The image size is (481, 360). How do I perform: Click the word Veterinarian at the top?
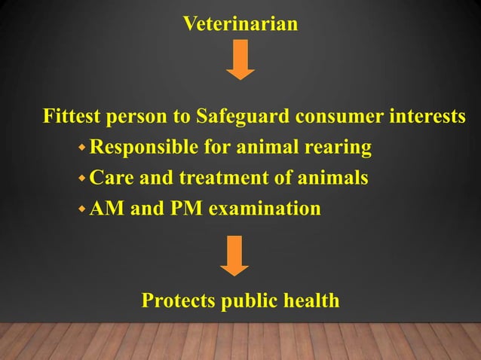(x=240, y=25)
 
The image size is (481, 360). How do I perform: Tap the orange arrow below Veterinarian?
(x=240, y=60)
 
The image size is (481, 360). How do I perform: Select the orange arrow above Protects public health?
(x=235, y=255)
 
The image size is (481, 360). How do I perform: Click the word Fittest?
(x=72, y=118)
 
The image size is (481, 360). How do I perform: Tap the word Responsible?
(x=142, y=148)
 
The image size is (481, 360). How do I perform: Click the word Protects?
(x=176, y=301)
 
